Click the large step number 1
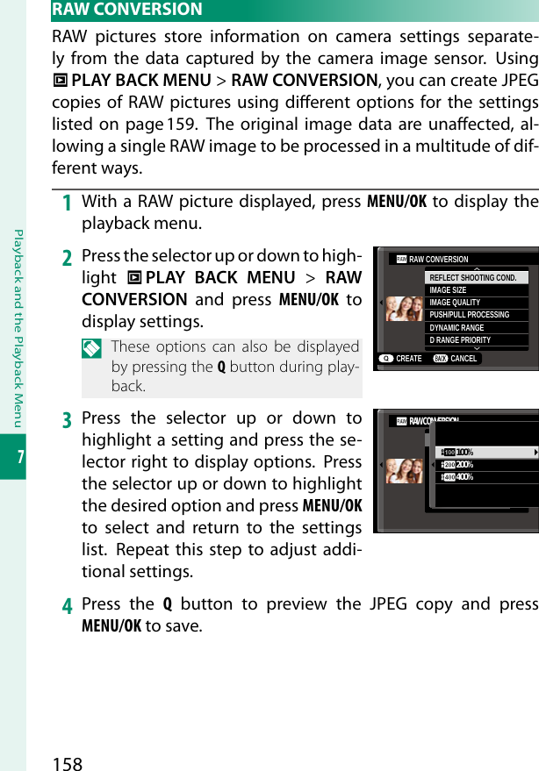coord(66,203)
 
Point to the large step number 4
coord(66,605)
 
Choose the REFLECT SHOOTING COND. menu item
coord(474,278)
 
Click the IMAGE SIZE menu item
coord(449,290)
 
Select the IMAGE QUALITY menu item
coord(456,303)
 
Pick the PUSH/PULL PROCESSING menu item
coord(470,315)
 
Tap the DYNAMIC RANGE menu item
coord(457,327)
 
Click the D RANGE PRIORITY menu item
coord(461,339)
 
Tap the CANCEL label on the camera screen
coord(464,359)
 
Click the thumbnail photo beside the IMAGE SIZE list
coord(405,308)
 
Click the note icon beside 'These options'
coord(92,347)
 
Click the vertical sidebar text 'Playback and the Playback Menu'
coord(14,325)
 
